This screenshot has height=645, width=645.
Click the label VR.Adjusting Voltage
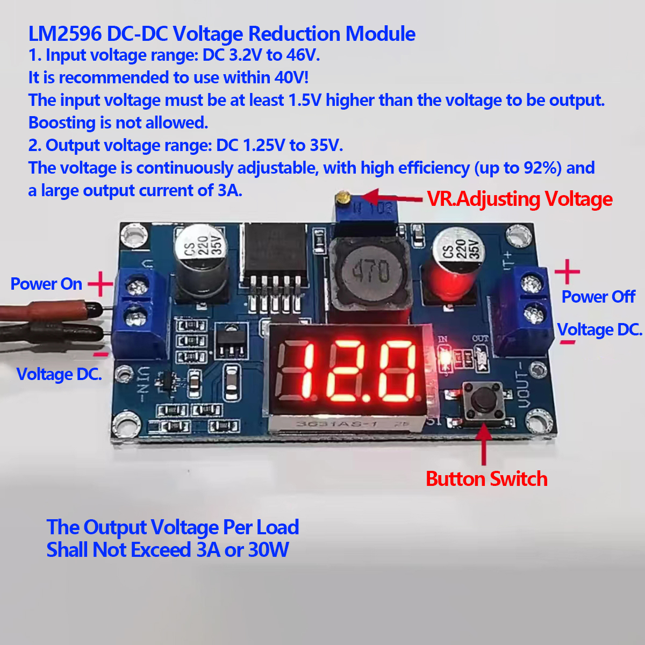point(519,199)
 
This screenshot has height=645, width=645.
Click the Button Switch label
point(486,479)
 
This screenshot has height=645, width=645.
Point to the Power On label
point(46,284)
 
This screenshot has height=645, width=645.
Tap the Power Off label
point(598,297)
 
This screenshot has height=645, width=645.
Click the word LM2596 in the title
point(65,34)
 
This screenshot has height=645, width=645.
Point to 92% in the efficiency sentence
point(542,168)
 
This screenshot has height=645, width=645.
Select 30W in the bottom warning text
point(268,550)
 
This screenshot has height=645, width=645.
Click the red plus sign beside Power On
point(100,284)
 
